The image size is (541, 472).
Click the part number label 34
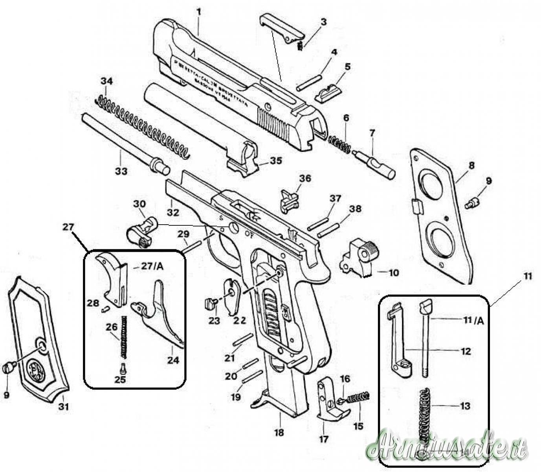[x=106, y=81]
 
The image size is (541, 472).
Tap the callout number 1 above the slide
[x=199, y=12]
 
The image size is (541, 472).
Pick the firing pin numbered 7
[x=375, y=162]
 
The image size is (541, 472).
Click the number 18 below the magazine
[x=279, y=433]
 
